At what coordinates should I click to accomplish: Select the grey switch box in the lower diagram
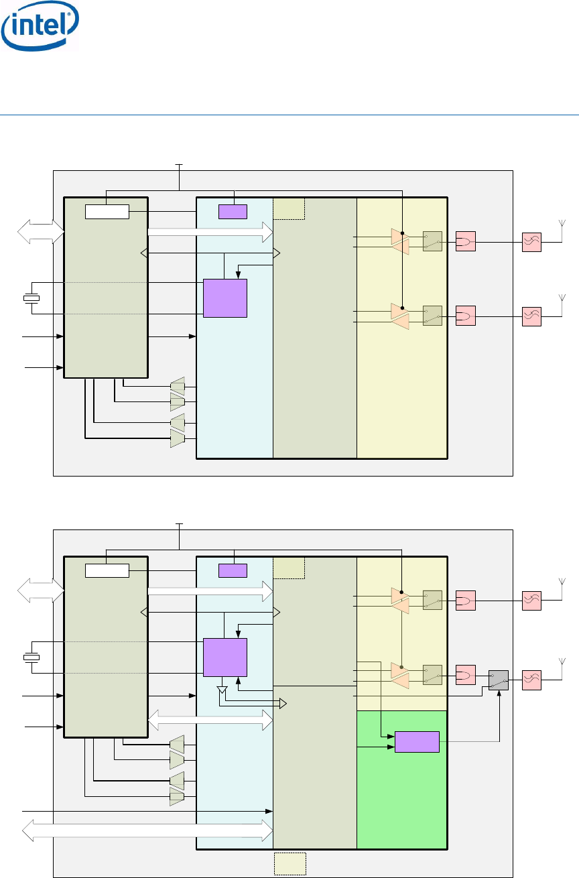tap(499, 680)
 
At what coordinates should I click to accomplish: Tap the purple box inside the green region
tap(417, 743)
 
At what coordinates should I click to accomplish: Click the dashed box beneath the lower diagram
tap(290, 863)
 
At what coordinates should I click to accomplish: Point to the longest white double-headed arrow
tap(147, 830)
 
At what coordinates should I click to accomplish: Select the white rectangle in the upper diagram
tap(107, 212)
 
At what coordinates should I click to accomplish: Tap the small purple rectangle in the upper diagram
tap(233, 212)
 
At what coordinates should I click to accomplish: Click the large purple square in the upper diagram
tap(225, 298)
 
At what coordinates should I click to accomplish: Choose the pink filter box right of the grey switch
tap(531, 680)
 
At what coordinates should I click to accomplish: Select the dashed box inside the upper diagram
tap(289, 208)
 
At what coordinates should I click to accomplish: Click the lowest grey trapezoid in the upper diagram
tap(178, 438)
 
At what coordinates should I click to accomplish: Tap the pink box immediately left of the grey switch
tap(466, 674)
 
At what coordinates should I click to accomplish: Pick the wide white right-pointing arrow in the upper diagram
tap(210, 232)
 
